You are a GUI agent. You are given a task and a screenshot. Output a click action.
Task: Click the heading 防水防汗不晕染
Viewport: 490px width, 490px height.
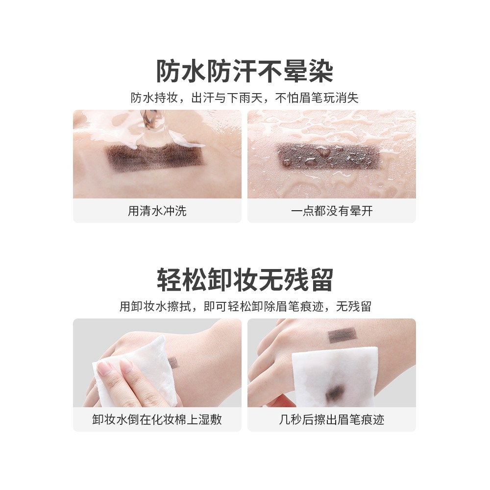click(245, 72)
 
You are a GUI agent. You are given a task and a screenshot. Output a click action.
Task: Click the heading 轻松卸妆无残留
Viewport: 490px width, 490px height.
click(245, 280)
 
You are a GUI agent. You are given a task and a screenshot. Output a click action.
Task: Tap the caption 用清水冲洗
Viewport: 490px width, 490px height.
click(157, 211)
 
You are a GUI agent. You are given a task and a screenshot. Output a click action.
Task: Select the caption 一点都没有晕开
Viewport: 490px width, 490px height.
click(332, 211)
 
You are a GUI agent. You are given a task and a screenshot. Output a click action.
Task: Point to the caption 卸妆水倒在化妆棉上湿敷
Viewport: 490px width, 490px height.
click(157, 419)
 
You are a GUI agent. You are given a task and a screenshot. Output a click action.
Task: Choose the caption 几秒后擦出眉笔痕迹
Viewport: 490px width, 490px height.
click(332, 419)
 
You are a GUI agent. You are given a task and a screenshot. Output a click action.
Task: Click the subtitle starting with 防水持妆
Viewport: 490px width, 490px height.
click(245, 98)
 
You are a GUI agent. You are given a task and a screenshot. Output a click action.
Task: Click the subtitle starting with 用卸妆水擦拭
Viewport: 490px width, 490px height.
click(245, 306)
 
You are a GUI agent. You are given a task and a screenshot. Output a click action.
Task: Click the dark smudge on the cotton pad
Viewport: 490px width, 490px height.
click(335, 391)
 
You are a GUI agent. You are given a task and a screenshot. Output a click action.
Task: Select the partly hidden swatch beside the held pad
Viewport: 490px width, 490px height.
click(172, 363)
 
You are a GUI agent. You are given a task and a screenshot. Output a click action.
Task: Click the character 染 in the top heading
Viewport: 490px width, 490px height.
click(320, 72)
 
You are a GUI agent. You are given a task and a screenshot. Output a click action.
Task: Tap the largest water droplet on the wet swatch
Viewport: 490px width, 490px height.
click(323, 152)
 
